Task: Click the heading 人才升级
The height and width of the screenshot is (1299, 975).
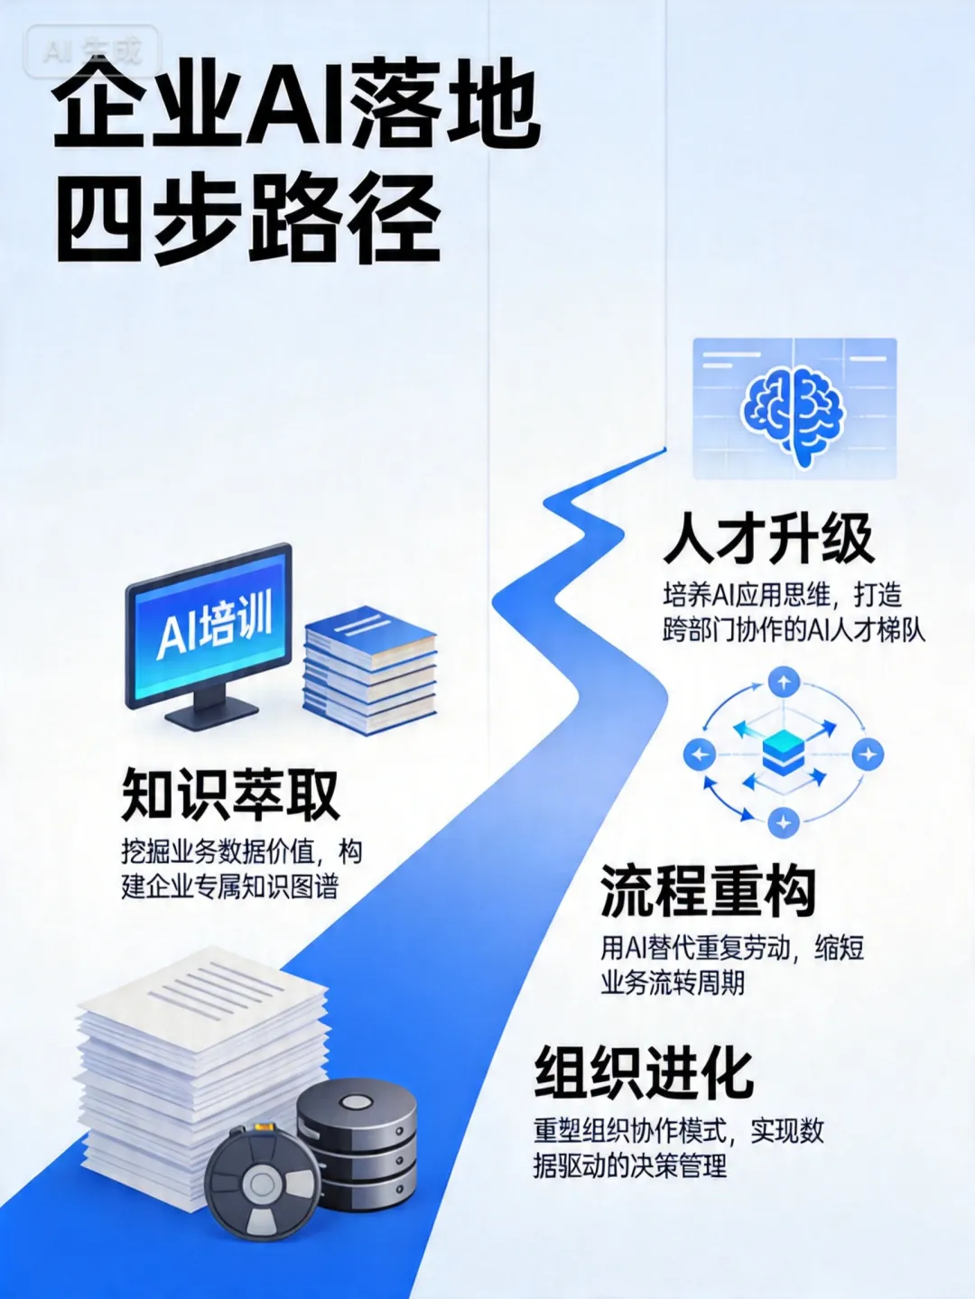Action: coord(768,539)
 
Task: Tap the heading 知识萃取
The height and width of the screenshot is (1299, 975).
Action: coord(230,795)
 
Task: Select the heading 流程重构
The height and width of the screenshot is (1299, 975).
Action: coord(708,891)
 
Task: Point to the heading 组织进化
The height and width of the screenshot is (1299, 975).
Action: coord(644,1072)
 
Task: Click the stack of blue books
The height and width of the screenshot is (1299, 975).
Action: coord(369,668)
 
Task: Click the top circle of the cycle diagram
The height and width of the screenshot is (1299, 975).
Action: coord(783,683)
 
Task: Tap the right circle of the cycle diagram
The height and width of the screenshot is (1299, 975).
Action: coord(868,754)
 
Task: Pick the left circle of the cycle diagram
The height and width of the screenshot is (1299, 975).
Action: coord(699,754)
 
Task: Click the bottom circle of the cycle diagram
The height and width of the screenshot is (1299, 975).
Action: coord(783,822)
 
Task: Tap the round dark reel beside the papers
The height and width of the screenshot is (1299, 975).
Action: coord(262,1183)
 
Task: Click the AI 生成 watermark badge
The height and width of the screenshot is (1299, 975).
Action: coord(93,51)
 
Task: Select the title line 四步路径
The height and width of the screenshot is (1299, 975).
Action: coord(248,219)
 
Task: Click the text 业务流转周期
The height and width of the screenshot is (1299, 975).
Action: coord(673,983)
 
